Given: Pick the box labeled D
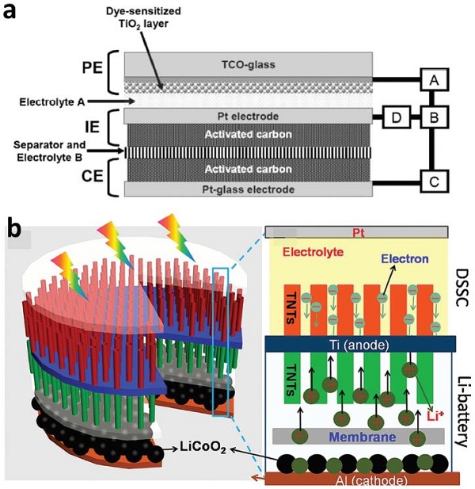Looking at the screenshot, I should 396,117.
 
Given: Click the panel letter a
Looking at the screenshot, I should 13,14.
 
